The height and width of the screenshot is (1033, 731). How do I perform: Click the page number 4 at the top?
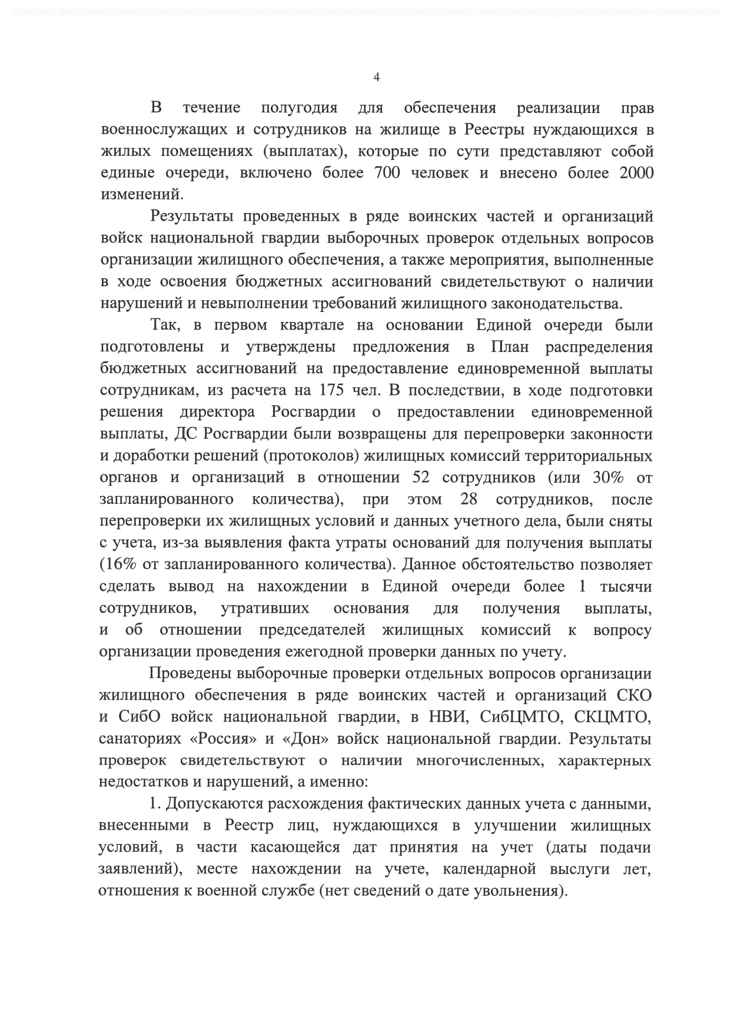click(x=377, y=78)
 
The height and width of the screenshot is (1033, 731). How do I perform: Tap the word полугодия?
click(x=299, y=108)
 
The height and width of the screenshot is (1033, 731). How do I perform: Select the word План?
click(x=510, y=347)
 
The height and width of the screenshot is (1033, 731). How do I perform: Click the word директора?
click(x=217, y=412)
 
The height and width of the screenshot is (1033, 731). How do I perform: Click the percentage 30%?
click(x=608, y=477)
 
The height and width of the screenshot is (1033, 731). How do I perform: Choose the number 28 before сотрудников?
click(x=469, y=499)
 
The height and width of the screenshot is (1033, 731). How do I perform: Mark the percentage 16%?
click(x=118, y=564)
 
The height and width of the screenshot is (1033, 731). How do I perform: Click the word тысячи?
click(x=626, y=586)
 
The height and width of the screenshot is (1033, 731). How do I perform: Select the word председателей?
click(x=312, y=630)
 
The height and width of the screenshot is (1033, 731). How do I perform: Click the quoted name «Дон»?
click(x=307, y=739)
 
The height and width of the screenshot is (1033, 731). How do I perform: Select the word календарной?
click(x=489, y=869)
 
